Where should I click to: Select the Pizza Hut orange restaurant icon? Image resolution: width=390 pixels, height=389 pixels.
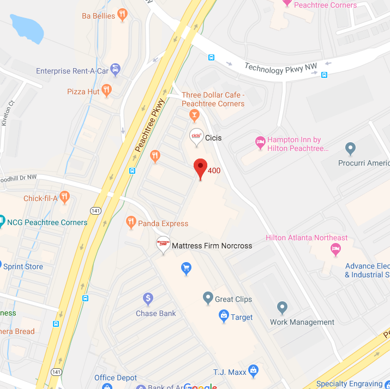[x=106, y=90]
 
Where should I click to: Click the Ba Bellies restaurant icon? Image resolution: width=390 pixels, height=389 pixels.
[x=123, y=15]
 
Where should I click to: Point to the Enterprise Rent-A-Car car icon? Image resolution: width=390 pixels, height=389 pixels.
[x=115, y=70]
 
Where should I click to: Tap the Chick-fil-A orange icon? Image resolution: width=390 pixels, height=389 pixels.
[x=65, y=197]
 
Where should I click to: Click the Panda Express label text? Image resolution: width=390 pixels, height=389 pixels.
[x=163, y=223]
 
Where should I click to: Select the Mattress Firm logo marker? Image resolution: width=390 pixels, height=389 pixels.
[x=163, y=244]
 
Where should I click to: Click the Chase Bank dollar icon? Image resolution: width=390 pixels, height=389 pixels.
[x=147, y=299]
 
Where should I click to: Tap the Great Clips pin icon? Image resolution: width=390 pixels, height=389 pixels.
[x=207, y=297]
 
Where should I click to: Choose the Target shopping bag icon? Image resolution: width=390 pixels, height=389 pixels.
[x=223, y=315]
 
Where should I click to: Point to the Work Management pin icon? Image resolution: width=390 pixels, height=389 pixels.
[x=282, y=307]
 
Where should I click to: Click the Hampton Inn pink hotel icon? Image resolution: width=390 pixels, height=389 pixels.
[x=261, y=143]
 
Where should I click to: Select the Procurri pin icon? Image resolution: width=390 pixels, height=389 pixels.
[x=351, y=148]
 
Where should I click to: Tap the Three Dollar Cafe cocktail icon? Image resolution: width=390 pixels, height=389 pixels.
[x=193, y=114]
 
